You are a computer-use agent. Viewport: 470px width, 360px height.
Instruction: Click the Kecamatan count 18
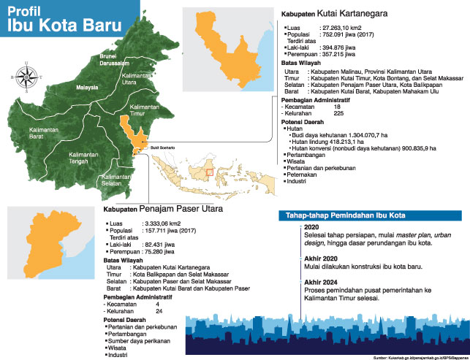(337, 107)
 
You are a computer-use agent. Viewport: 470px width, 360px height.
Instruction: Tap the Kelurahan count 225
(338, 113)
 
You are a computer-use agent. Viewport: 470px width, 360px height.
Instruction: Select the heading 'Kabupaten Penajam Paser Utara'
(161, 210)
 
